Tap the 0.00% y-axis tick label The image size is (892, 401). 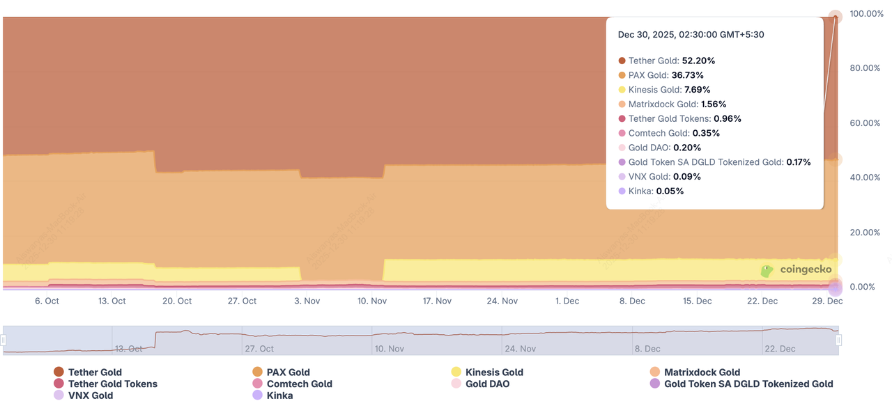pos(867,287)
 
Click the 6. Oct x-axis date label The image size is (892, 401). pos(47,301)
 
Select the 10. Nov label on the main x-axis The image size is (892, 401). pos(372,301)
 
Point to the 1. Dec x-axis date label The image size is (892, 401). pos(567,301)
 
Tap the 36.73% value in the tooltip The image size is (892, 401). pos(687,75)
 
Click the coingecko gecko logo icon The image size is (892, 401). pos(767,271)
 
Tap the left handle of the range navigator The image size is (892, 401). pos(3,340)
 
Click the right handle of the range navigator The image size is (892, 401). pos(838,340)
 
